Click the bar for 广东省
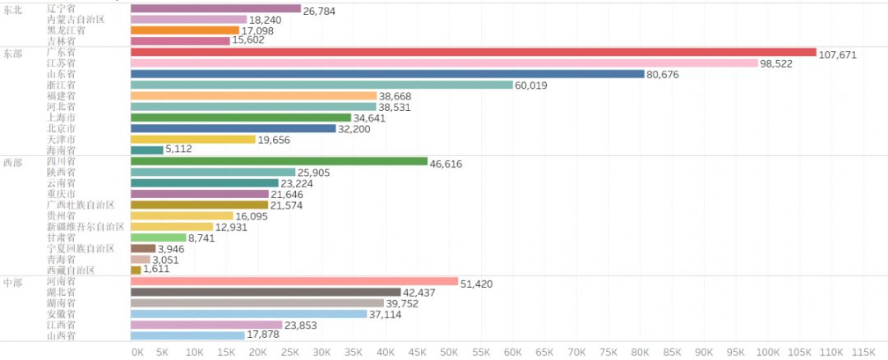[x=473, y=52]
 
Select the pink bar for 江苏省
[x=444, y=63]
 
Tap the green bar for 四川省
[x=279, y=162]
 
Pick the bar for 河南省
[x=294, y=281]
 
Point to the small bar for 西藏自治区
[x=136, y=270]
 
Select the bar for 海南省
[x=146, y=150]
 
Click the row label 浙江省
[x=62, y=85]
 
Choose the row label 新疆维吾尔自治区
[x=86, y=226]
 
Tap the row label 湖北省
[x=62, y=292]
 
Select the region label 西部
[x=13, y=163]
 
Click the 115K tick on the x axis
[x=863, y=352]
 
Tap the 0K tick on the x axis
[x=137, y=352]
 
